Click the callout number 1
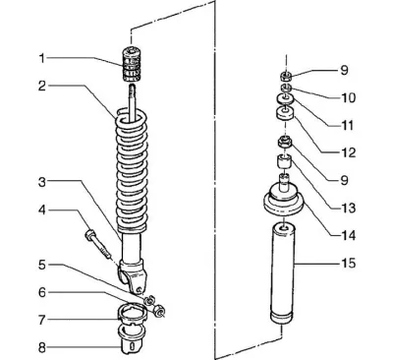(x=41, y=59)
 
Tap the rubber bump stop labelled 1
(x=132, y=65)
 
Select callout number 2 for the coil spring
(x=42, y=87)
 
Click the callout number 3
(x=42, y=182)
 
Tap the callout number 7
(x=41, y=320)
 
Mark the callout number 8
(x=42, y=348)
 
